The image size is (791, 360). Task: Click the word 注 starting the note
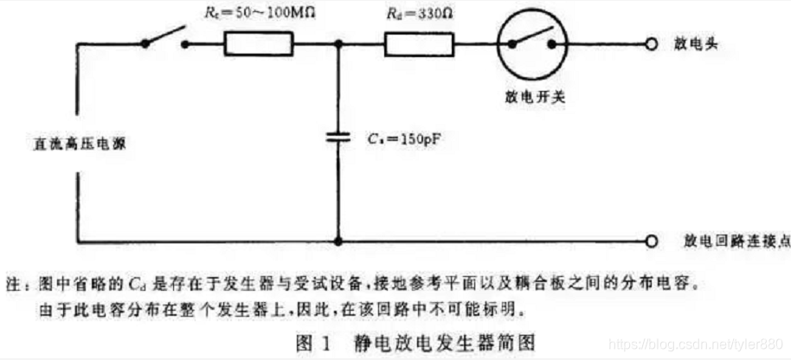click(x=12, y=282)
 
